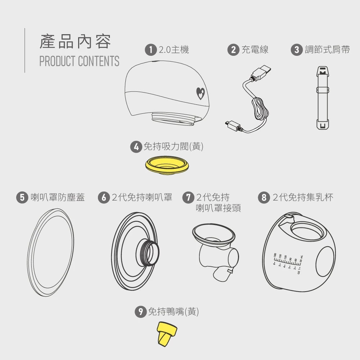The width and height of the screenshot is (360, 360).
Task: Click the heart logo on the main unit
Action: pyautogui.click(x=201, y=93)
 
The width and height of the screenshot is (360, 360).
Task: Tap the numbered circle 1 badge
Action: pyautogui.click(x=150, y=50)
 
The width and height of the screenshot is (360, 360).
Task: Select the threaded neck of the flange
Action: pyautogui.click(x=148, y=252)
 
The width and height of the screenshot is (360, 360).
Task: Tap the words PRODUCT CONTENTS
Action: pyautogui.click(x=79, y=61)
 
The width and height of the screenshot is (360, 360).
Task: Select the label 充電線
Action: pyautogui.click(x=255, y=50)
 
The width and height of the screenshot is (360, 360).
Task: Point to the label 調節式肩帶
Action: pyautogui.click(x=327, y=50)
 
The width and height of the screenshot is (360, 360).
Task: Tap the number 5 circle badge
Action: pyautogui.click(x=22, y=197)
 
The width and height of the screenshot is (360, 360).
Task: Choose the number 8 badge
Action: pyautogui.click(x=264, y=197)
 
